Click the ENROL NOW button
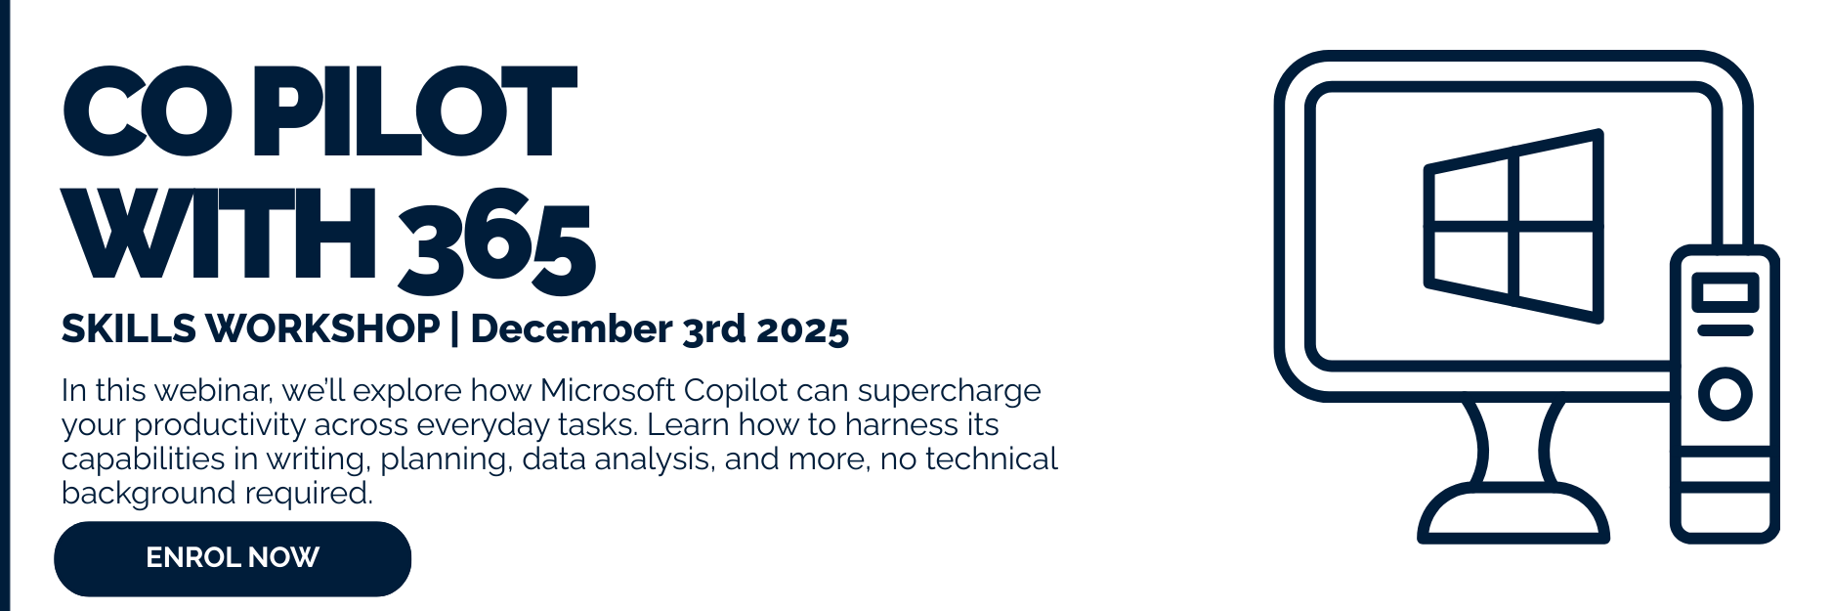point(233,558)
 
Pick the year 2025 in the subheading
point(802,329)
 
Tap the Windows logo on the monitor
point(1513,226)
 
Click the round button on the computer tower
point(1725,394)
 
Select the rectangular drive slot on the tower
point(1725,292)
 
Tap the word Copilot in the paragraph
point(736,392)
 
